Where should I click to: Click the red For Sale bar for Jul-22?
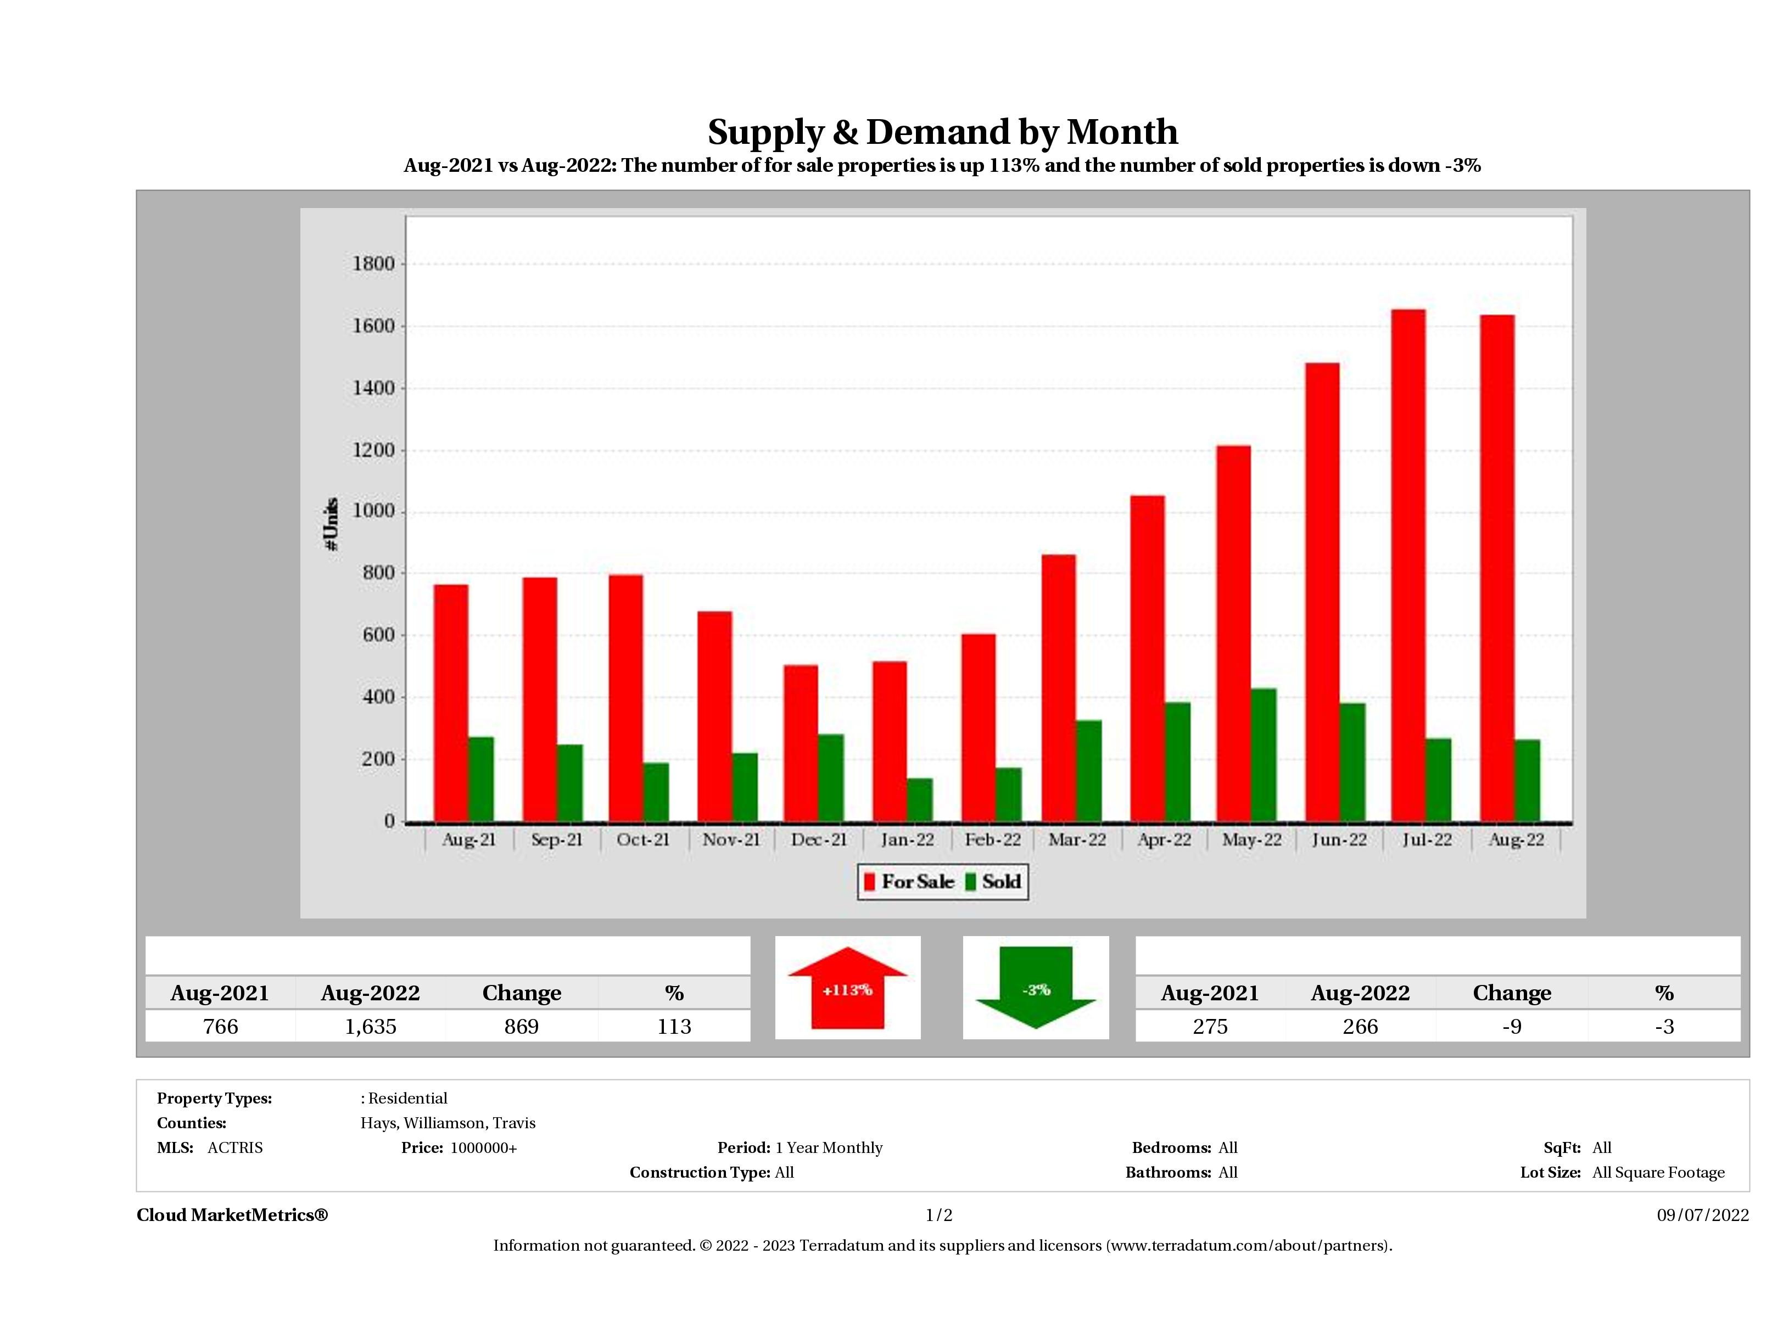click(x=1407, y=565)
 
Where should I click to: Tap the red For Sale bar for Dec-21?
click(x=800, y=743)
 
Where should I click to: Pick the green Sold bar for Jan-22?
click(x=920, y=799)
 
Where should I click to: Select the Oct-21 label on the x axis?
click(x=642, y=839)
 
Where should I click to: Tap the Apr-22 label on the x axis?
click(x=1164, y=839)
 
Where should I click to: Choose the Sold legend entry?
click(x=993, y=882)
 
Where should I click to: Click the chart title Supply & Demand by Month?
click(x=942, y=131)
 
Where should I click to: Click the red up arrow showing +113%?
click(x=847, y=988)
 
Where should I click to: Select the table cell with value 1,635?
click(x=370, y=1026)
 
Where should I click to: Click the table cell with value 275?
click(x=1210, y=1026)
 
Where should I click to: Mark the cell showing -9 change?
click(x=1512, y=1026)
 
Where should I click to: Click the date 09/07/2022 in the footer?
click(x=1702, y=1215)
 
